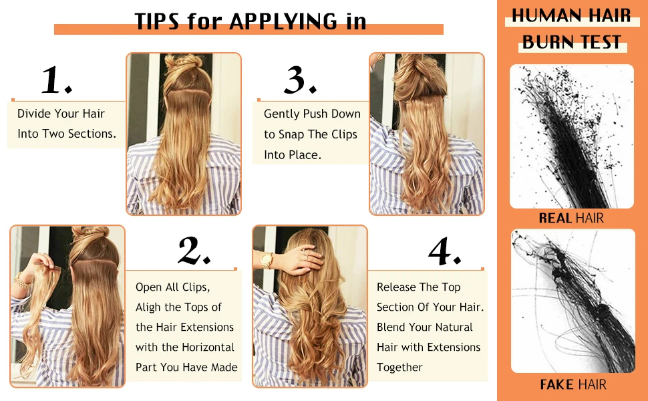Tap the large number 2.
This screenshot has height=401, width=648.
pos(194,251)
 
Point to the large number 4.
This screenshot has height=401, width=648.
pos(444,252)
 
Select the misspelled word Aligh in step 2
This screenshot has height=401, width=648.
pos(148,307)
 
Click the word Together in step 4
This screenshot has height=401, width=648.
pos(399,368)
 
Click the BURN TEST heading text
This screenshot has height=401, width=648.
pos(572,42)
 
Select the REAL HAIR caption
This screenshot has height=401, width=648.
pos(571,218)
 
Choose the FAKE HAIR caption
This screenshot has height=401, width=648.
pos(573,384)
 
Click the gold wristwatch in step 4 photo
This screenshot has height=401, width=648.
pos(267,260)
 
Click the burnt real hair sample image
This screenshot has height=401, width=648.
pos(571,137)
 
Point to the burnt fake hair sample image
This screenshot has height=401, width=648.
pos(573,301)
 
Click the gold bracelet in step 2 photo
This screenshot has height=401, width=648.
pos(21,281)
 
